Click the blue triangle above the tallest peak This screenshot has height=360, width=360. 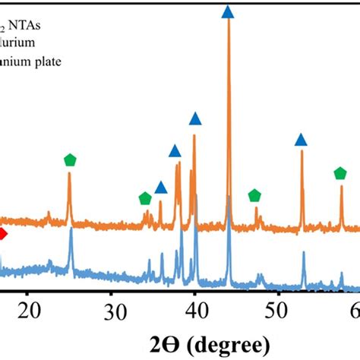click(228, 11)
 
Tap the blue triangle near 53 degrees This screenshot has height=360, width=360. click(301, 139)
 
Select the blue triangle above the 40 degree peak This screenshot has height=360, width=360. click(195, 118)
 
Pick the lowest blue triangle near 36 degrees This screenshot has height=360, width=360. click(160, 188)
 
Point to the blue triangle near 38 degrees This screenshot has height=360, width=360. click(176, 150)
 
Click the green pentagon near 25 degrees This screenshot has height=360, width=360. click(70, 159)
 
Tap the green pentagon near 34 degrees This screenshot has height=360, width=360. click(145, 198)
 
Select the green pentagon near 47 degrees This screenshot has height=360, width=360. click(254, 196)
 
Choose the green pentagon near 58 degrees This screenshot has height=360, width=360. click(340, 174)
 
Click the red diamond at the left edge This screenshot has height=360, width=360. click(2, 234)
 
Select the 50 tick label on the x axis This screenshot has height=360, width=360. click(279, 310)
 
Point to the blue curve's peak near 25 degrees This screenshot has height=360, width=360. click(71, 229)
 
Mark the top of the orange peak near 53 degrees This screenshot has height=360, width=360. click(302, 151)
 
